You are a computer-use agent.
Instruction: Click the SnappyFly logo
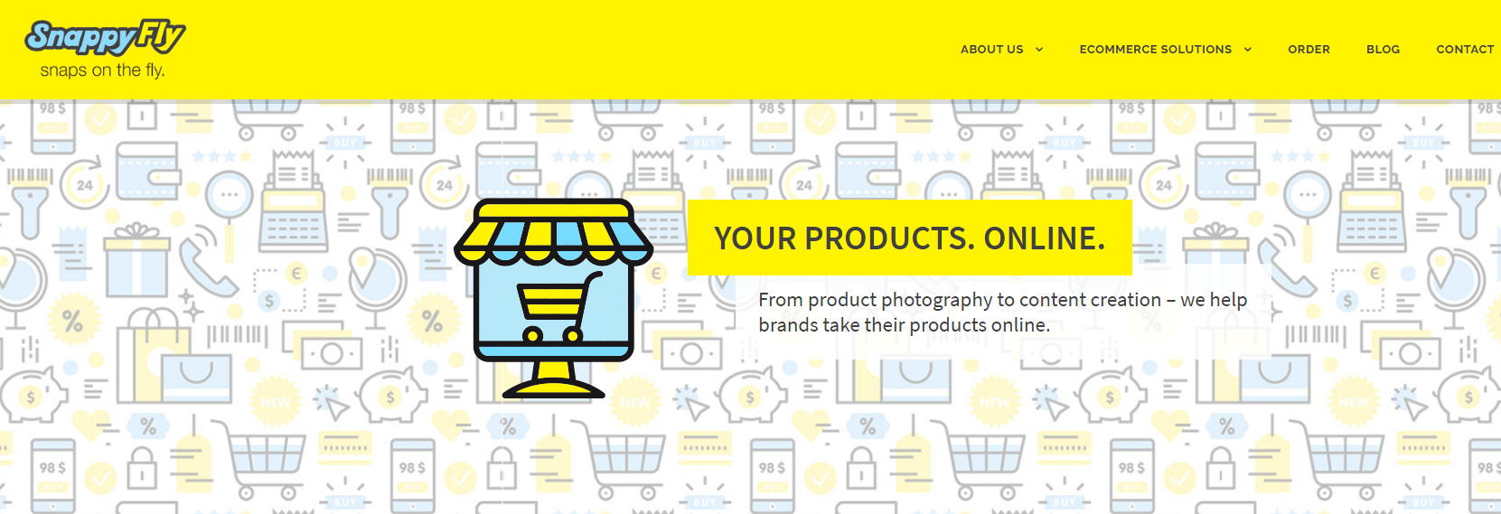pos(105,38)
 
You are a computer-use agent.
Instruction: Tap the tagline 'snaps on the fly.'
pos(102,70)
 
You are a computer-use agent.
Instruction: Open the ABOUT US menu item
pos(991,50)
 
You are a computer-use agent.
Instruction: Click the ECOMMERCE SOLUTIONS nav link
pos(1155,50)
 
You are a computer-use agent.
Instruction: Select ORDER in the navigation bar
pos(1309,50)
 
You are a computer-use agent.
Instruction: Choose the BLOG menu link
pos(1383,50)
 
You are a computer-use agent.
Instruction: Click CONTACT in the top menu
pos(1465,50)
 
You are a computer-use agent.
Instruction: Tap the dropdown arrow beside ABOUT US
pos(1039,50)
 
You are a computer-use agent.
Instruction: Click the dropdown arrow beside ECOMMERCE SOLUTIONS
pos(1248,50)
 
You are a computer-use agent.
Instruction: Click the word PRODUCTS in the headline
pos(889,238)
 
